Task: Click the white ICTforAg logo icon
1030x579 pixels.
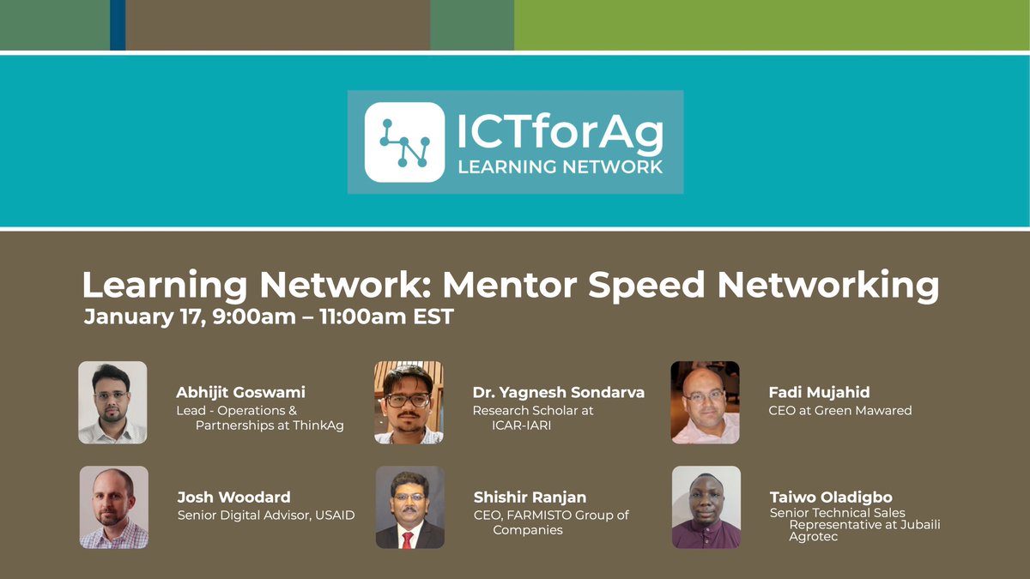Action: (404, 142)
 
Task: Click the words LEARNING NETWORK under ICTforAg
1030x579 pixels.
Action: (560, 166)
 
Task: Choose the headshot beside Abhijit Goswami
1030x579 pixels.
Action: (112, 401)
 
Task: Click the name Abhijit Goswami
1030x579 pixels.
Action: (240, 392)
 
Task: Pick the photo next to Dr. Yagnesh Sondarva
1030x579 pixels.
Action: (409, 401)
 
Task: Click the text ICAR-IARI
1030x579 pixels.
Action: (521, 425)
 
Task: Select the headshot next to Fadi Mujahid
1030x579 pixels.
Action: (705, 401)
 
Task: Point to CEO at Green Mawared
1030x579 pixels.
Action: (839, 411)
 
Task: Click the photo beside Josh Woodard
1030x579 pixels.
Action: (114, 507)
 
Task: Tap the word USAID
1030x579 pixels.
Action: (332, 516)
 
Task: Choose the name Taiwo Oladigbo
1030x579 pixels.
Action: (831, 498)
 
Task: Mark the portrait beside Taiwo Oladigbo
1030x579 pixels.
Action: (706, 507)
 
